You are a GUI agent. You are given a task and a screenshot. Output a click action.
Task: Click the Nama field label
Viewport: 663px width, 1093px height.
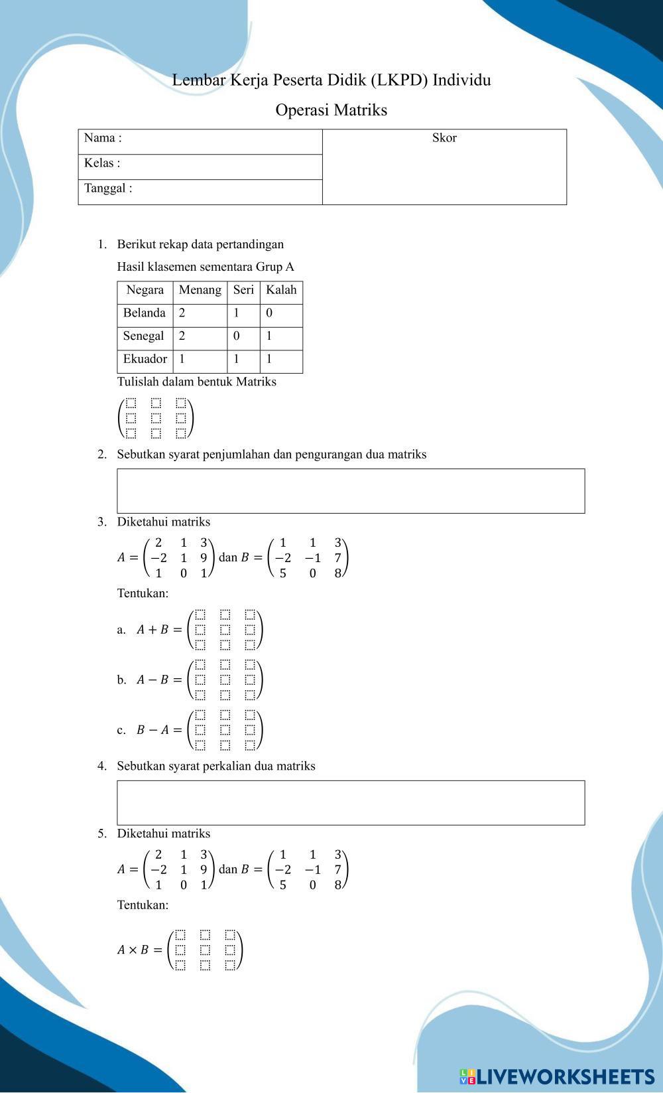[x=103, y=138]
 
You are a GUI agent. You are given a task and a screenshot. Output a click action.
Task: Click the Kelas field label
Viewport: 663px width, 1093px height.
[x=102, y=163]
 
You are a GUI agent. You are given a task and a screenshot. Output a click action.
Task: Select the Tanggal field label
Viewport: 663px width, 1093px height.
[x=108, y=188]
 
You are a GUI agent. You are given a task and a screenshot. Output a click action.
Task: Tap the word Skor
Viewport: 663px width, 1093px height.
[x=444, y=138]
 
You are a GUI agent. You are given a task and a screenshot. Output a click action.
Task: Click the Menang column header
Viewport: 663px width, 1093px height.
[x=200, y=290]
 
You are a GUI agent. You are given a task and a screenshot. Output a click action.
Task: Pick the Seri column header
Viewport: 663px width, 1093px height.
[x=243, y=290]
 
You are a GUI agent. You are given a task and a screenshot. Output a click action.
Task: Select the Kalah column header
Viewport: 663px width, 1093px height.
[x=281, y=290]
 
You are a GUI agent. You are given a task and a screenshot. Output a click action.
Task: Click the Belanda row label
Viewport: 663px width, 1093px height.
[x=144, y=313]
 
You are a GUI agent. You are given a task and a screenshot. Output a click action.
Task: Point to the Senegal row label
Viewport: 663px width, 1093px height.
[x=143, y=336]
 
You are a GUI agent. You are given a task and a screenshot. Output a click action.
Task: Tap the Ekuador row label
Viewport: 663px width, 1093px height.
[x=145, y=359]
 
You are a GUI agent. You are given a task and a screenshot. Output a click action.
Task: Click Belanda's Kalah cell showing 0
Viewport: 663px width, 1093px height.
[x=269, y=313]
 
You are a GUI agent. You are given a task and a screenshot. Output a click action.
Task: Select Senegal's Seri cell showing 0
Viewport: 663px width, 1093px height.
[x=237, y=336]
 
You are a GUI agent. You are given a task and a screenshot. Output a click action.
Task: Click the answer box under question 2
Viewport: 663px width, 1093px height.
[x=351, y=491]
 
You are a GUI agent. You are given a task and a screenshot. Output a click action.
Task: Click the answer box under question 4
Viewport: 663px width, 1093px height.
[x=351, y=803]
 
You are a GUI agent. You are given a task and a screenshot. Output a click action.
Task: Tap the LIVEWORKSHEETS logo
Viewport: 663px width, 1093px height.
[x=556, y=1076]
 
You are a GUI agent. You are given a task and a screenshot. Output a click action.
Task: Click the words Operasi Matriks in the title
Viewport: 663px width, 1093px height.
[x=331, y=110]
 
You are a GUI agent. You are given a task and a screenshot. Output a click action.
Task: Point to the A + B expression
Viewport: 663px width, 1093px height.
[x=152, y=630]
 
